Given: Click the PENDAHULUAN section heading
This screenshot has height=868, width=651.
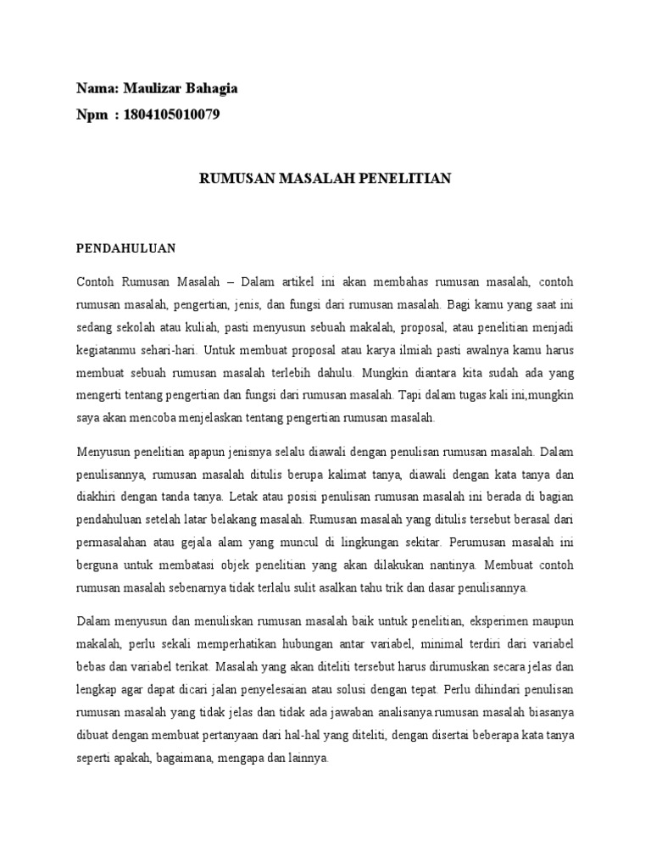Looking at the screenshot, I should [x=125, y=248].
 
